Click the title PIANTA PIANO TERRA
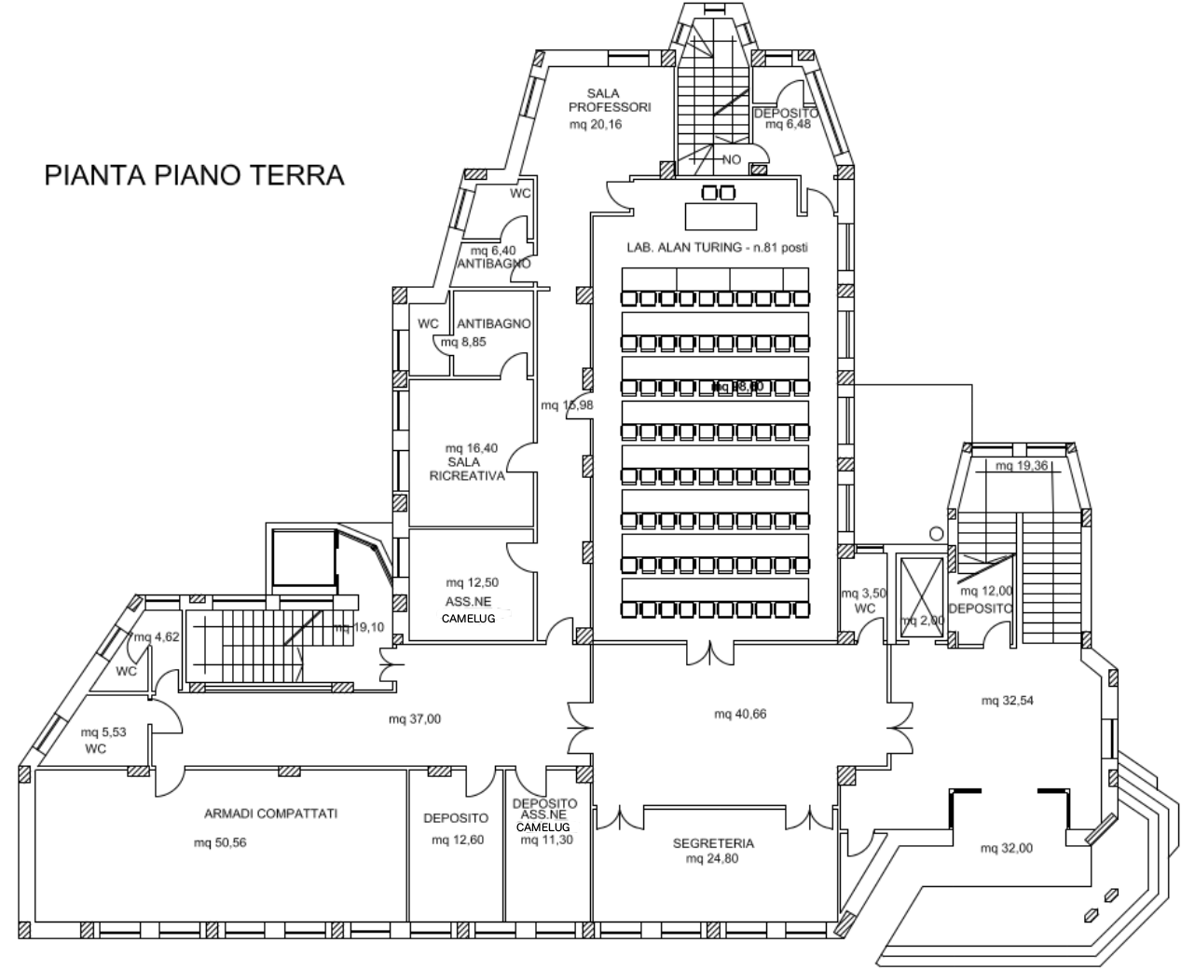coord(195,175)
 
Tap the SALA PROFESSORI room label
coord(610,101)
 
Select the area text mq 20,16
coord(596,125)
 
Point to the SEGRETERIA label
coord(713,843)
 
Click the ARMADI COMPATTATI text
coord(270,813)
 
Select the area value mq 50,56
coord(220,843)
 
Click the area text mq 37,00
coord(415,718)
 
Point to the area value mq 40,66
coord(740,714)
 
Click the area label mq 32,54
coord(1009,700)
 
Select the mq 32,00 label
coord(1007,848)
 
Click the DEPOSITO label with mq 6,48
coord(786,113)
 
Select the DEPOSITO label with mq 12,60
coord(456,818)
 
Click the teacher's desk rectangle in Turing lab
coord(722,216)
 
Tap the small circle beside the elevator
coord(937,534)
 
